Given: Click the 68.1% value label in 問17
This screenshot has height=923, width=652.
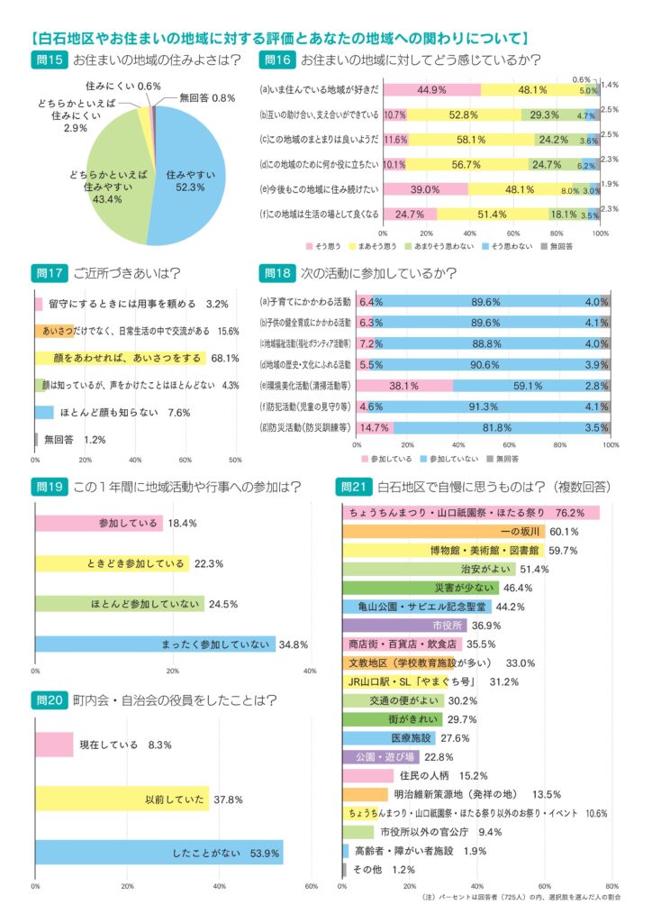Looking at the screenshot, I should pos(223,358).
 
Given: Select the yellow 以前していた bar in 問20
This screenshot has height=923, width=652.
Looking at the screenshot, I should pos(122,799).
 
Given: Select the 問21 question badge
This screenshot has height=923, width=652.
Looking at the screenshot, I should pos(354,487).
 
